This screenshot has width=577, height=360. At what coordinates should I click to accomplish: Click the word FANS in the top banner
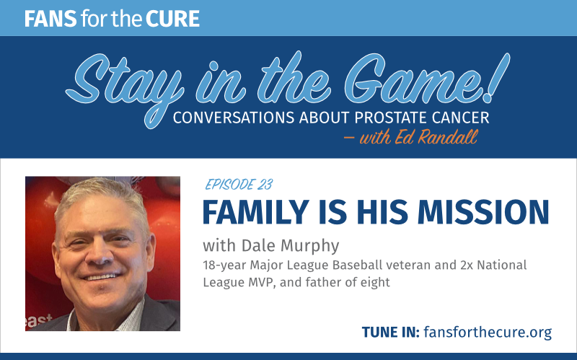click(x=50, y=19)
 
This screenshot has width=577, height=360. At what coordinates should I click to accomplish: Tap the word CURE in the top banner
click(x=172, y=19)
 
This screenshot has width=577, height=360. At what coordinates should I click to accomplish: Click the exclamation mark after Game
click(x=495, y=78)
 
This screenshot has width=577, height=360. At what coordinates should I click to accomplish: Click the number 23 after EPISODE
click(x=265, y=185)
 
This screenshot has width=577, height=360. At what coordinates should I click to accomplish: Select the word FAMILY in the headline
click(x=255, y=212)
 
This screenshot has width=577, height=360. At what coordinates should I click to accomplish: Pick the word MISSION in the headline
click(x=483, y=212)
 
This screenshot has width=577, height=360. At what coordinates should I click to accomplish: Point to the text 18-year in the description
click(x=224, y=265)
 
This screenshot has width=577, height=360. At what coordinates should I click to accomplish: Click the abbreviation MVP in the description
click(x=261, y=282)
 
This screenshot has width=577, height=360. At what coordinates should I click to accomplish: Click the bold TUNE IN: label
click(x=390, y=332)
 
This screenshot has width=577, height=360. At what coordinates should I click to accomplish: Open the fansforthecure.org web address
click(x=488, y=333)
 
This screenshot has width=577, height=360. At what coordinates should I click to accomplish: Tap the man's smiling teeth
click(x=102, y=276)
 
